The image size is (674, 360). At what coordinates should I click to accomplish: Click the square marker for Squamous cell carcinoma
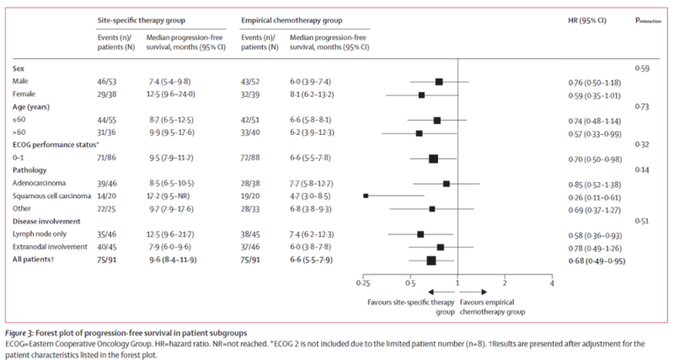366,195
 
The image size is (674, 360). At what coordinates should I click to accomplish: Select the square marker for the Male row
439,82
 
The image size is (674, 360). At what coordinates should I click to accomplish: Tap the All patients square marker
431,261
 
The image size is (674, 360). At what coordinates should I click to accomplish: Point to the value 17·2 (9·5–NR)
169,195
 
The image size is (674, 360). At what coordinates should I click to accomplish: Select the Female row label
28,94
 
